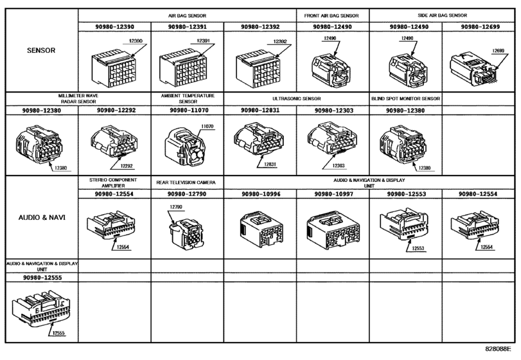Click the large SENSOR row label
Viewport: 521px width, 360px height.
click(41, 51)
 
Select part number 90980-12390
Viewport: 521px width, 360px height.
click(114, 27)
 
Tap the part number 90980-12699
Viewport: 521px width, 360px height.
click(480, 27)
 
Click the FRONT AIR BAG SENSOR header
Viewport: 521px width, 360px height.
click(331, 15)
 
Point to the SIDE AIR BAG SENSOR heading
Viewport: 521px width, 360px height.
click(442, 15)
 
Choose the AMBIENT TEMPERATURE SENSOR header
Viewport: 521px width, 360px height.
click(188, 99)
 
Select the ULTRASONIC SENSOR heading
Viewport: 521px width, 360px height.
click(297, 99)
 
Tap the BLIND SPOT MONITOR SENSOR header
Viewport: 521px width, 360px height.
click(406, 99)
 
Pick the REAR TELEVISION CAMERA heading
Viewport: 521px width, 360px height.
click(186, 183)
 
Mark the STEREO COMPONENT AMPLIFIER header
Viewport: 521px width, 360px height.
click(113, 183)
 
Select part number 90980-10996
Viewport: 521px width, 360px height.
click(261, 194)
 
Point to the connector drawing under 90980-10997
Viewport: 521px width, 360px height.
click(333, 230)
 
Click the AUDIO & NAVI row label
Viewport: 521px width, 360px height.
click(42, 218)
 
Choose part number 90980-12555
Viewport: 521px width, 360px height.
click(42, 278)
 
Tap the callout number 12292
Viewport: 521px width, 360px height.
click(127, 166)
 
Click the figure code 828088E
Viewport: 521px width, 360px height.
click(498, 348)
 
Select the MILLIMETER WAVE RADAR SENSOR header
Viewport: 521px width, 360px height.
click(78, 99)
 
